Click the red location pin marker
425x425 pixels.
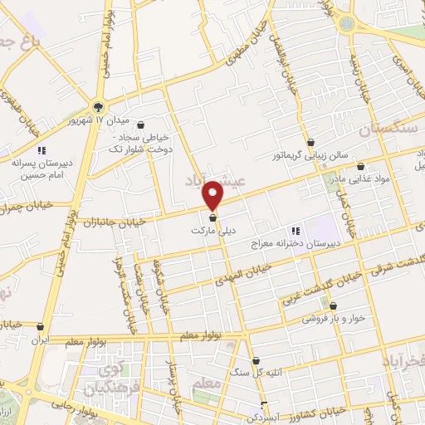point(213,194)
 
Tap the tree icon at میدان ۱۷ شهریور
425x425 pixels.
point(99,106)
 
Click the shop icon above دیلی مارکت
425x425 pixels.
point(213,218)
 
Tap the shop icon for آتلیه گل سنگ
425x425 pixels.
point(255,360)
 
